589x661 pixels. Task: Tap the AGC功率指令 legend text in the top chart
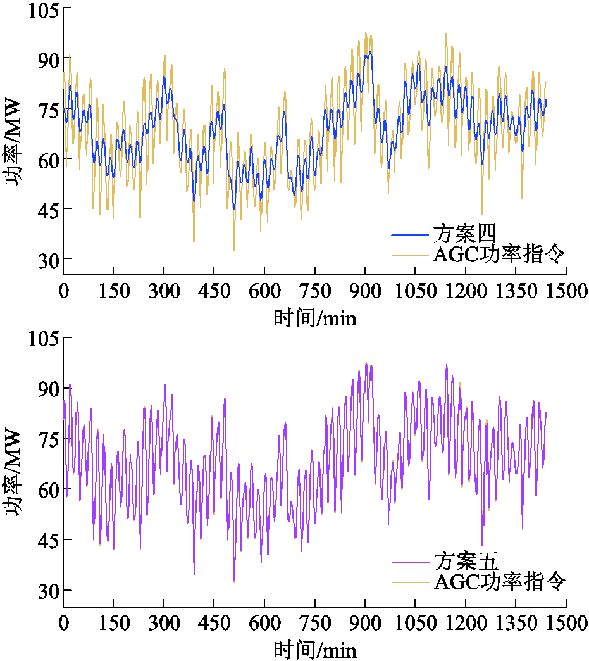(x=499, y=255)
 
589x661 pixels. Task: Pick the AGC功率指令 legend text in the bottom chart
(x=499, y=581)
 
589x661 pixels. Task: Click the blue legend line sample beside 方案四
(x=411, y=236)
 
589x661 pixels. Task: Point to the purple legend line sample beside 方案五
(x=411, y=562)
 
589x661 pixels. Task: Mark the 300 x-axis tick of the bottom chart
(x=164, y=623)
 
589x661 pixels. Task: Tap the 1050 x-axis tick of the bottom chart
(x=415, y=623)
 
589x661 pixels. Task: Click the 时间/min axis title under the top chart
(x=315, y=318)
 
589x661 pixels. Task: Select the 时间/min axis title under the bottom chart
(x=315, y=650)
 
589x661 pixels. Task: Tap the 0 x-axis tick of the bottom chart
(x=63, y=623)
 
